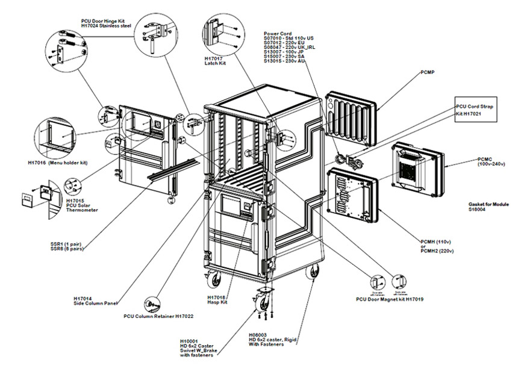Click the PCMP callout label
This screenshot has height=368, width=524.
(x=429, y=73)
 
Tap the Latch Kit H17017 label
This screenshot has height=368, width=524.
(x=215, y=62)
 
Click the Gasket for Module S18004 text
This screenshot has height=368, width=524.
(x=488, y=207)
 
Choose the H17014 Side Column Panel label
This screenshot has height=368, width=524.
(x=90, y=301)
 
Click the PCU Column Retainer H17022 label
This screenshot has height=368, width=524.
(x=158, y=316)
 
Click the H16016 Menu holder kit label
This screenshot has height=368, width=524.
(x=58, y=163)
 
